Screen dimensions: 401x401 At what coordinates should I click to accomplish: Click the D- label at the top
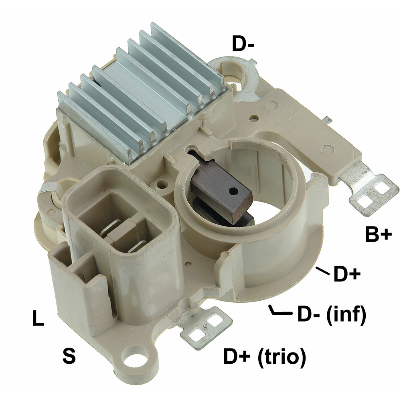(243, 44)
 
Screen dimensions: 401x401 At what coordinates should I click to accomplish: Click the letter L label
(38, 318)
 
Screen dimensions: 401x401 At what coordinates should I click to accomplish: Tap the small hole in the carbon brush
(233, 190)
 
